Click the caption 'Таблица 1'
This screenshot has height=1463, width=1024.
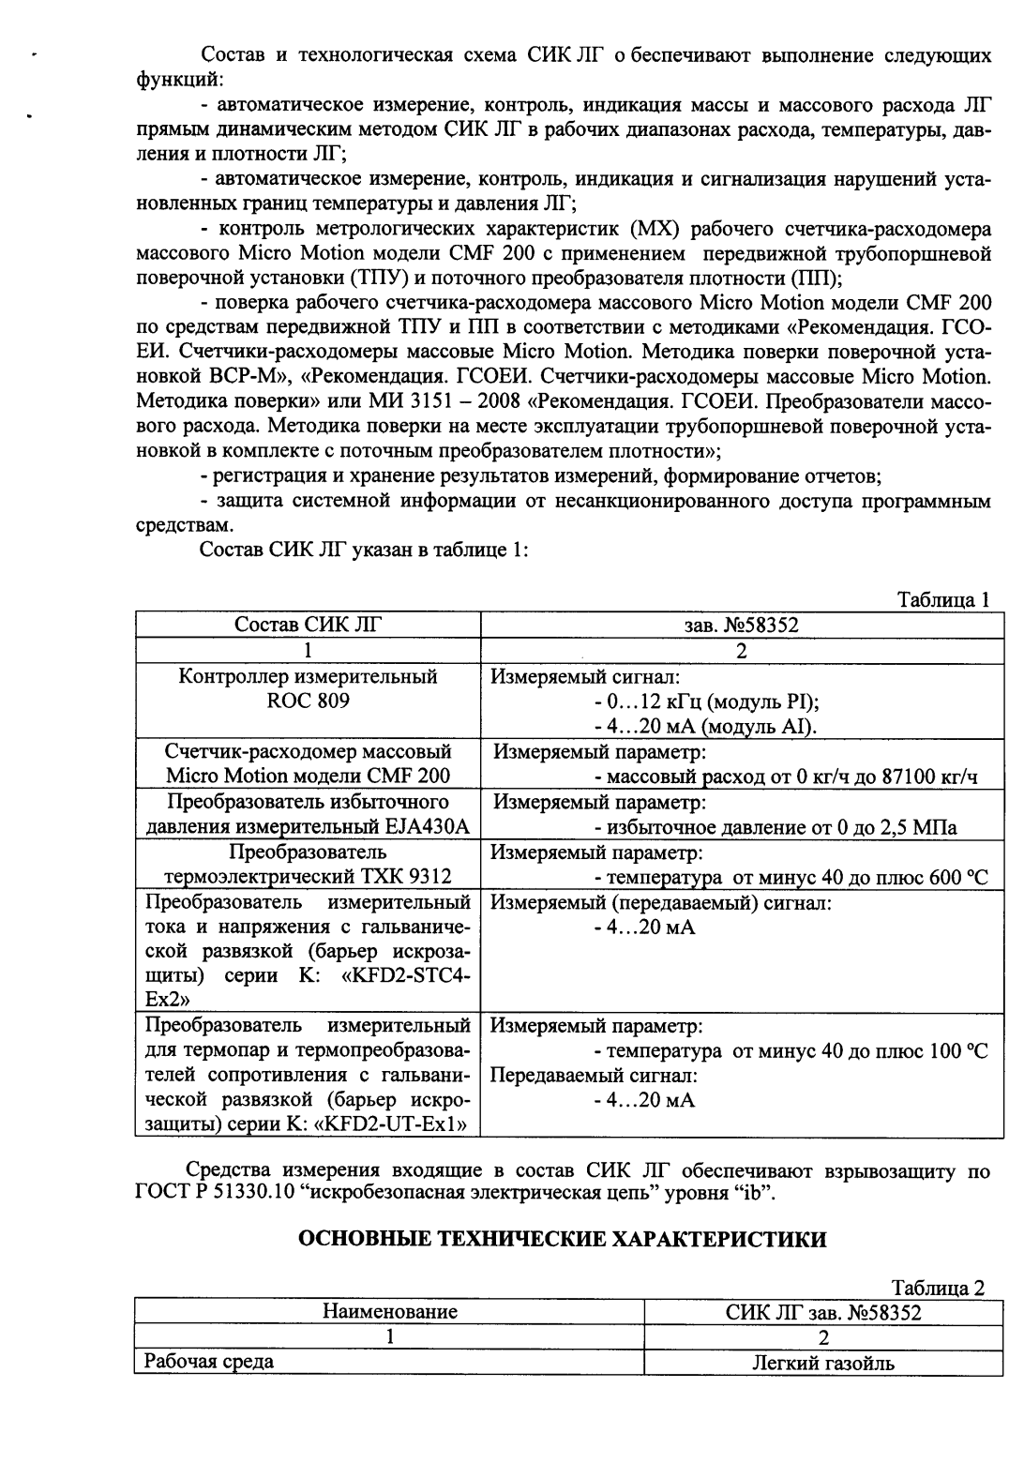click(x=943, y=600)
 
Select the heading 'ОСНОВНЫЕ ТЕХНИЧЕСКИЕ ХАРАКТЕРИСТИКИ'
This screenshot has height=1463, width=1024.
click(x=562, y=1239)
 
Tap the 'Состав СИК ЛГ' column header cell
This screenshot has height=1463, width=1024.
click(x=308, y=626)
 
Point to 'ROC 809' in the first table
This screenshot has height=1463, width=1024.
click(x=308, y=701)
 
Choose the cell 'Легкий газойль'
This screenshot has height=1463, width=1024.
click(x=823, y=1363)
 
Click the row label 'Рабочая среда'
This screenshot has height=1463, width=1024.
click(x=208, y=1361)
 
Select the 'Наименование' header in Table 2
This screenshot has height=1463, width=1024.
click(x=389, y=1312)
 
